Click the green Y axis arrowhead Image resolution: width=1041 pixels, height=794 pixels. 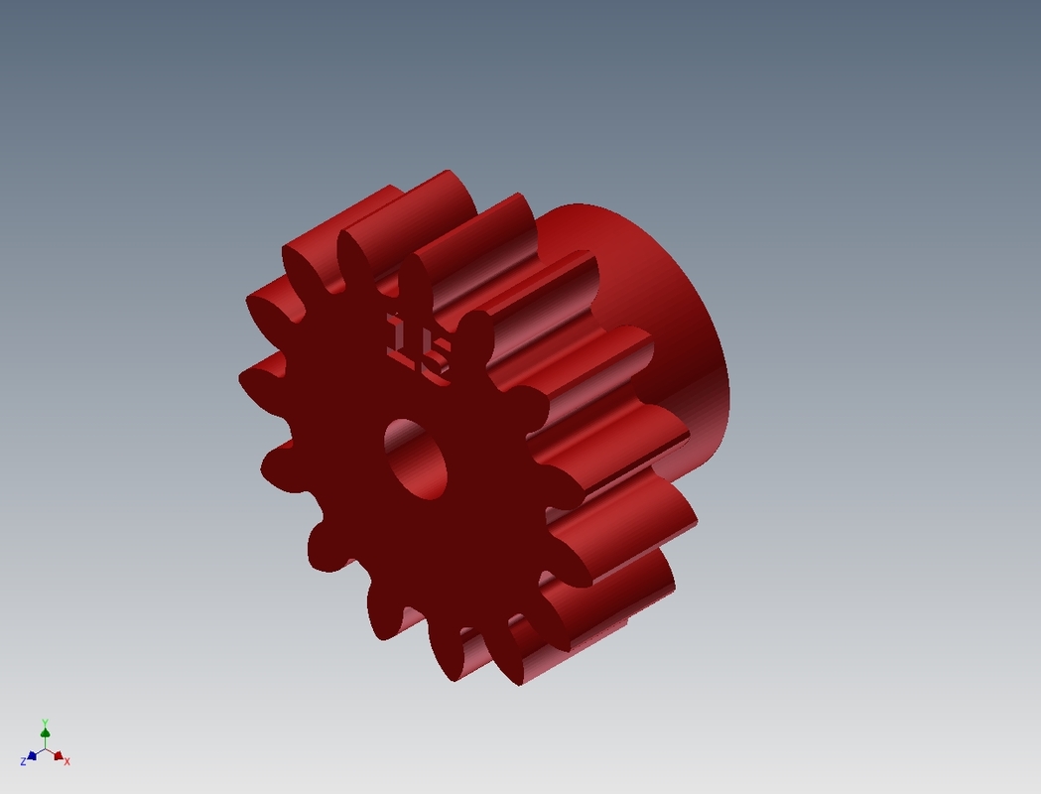click(x=45, y=733)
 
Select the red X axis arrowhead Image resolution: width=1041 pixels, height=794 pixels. click(x=58, y=756)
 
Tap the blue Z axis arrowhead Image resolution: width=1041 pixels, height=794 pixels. click(x=32, y=755)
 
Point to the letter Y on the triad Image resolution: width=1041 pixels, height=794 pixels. click(x=45, y=723)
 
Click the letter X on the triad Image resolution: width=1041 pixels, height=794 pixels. click(x=66, y=761)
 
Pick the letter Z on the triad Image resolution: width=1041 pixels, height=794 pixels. click(x=22, y=761)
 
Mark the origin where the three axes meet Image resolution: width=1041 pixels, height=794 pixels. click(x=45, y=748)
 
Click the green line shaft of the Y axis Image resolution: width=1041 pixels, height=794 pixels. click(x=45, y=742)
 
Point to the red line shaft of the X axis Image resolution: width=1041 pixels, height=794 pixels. click(x=51, y=752)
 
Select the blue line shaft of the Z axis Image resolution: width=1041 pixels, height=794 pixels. click(x=39, y=752)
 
